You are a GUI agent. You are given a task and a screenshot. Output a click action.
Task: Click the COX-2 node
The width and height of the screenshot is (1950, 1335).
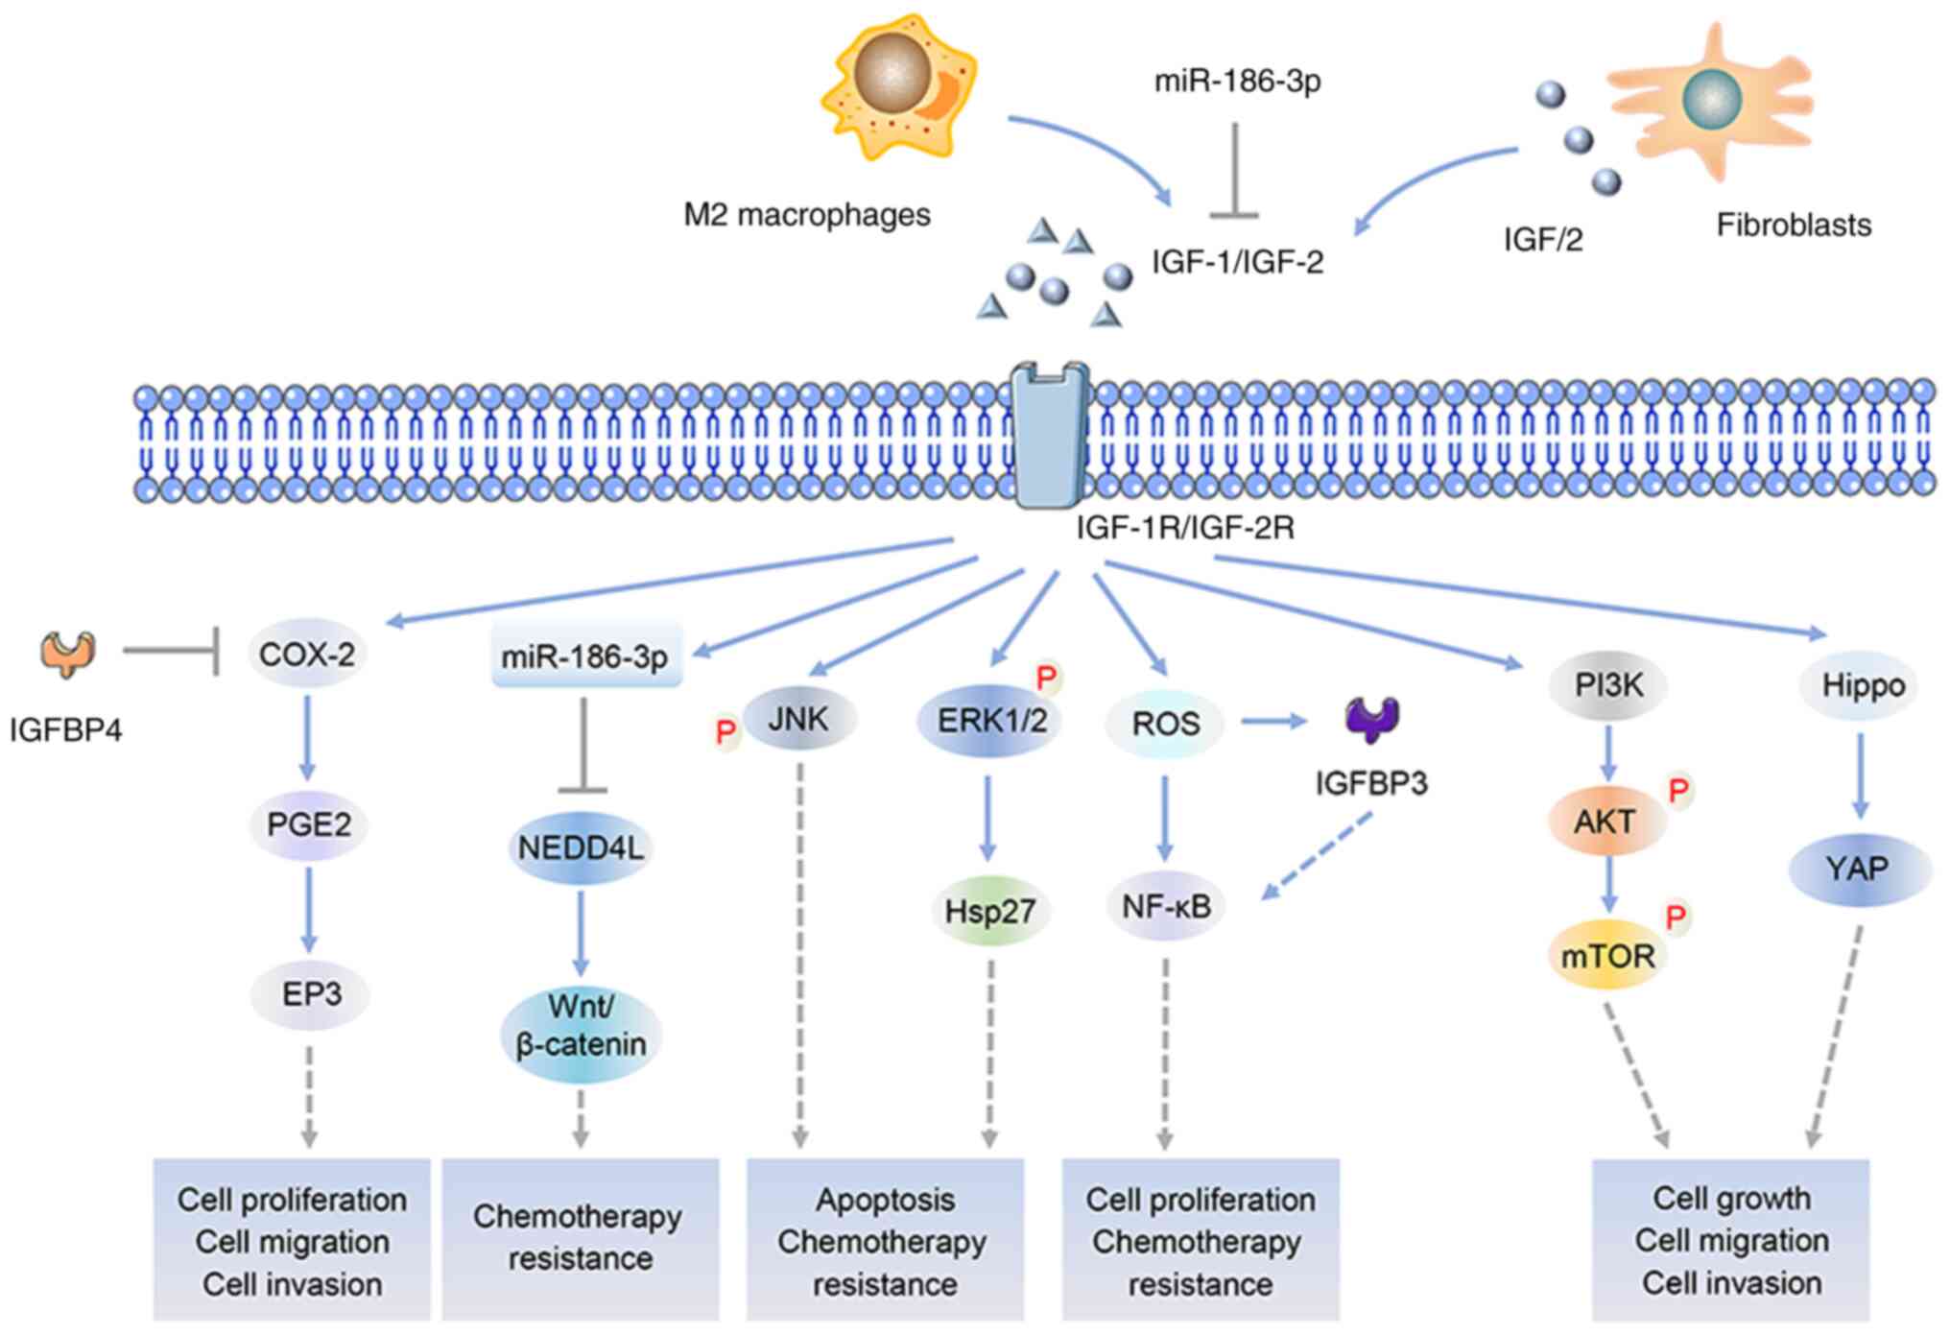(307, 655)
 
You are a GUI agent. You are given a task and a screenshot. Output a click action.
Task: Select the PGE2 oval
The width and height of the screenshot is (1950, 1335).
(308, 823)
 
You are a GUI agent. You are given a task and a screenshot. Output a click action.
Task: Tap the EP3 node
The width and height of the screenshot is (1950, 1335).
(311, 993)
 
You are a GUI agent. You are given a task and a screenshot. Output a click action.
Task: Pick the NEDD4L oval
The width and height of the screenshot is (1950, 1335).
(581, 847)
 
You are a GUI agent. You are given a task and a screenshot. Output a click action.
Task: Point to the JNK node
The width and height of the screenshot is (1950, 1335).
(798, 719)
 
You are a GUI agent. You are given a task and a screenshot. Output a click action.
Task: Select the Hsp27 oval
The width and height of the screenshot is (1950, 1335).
(990, 910)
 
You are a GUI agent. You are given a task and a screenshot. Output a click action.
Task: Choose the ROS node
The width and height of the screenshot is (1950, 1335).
(1165, 723)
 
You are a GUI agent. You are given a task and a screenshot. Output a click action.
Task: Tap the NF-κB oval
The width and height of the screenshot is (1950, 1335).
(1166, 905)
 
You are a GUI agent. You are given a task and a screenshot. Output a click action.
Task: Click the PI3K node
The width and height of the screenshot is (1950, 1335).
(1608, 685)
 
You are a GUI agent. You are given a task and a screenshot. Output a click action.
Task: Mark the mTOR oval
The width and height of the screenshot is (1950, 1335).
(1607, 956)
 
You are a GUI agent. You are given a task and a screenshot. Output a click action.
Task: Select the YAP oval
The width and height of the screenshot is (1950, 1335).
(1858, 869)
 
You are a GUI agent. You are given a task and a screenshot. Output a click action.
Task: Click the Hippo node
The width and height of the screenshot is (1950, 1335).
(1862, 685)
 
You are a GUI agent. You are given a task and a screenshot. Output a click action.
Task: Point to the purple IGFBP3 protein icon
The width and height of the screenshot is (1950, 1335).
(1372, 719)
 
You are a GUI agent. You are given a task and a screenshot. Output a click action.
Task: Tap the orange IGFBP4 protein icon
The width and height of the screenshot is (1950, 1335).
(67, 654)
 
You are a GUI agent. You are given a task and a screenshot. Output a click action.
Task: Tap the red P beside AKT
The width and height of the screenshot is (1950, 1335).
(1678, 791)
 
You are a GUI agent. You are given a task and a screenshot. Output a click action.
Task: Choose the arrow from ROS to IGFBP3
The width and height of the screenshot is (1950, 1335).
(1273, 721)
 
